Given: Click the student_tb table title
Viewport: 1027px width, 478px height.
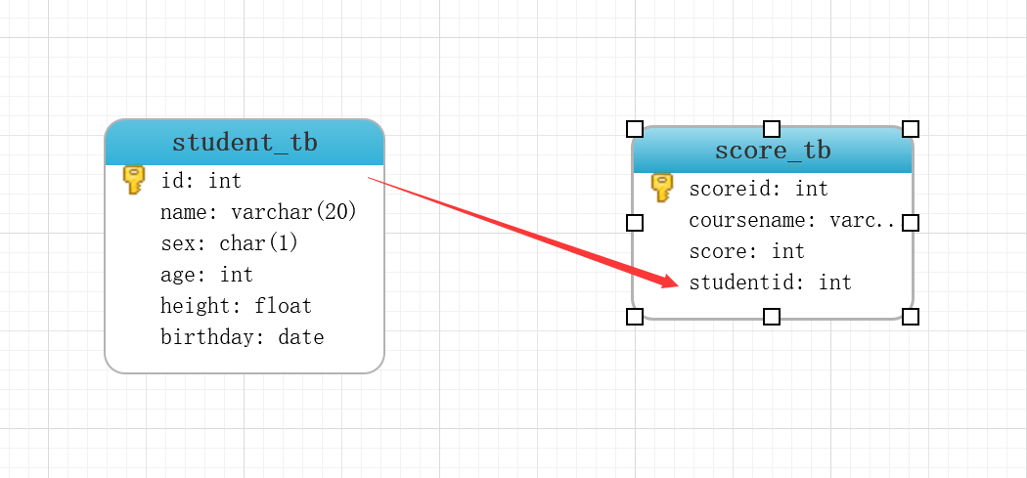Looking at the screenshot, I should [245, 143].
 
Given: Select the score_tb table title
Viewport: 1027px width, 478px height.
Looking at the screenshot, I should [773, 151].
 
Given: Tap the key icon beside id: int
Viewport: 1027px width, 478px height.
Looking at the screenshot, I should [134, 180].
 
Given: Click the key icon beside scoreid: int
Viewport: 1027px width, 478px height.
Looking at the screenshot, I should [662, 188].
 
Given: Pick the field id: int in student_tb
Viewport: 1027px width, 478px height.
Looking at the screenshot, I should [201, 181].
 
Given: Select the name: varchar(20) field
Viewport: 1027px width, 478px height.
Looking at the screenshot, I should [258, 212].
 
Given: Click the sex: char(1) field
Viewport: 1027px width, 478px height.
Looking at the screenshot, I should [229, 243].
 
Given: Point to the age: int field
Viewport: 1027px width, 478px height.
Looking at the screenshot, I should [206, 275].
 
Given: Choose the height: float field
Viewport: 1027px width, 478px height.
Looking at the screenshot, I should [236, 306].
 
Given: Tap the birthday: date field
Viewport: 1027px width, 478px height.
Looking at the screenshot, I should [242, 337].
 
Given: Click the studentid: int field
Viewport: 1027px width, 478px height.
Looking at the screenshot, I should [770, 282].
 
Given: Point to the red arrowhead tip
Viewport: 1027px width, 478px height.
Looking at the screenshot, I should [677, 283].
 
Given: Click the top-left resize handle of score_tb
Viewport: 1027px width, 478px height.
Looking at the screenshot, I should [635, 129].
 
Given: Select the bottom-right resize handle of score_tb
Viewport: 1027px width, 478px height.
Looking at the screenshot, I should [911, 316].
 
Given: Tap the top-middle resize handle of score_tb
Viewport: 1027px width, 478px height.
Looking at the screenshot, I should [772, 129].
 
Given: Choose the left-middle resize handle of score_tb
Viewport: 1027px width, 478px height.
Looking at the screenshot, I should [635, 223].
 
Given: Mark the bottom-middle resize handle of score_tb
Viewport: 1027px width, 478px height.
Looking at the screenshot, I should [772, 316].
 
